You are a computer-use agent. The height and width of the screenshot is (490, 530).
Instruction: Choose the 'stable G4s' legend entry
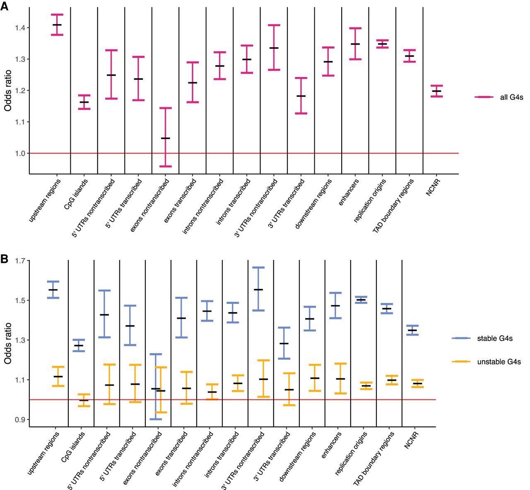(494, 339)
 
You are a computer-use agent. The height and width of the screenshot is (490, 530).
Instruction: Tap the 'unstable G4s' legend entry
(499, 362)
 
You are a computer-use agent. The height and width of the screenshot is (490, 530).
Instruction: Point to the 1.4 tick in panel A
(20, 28)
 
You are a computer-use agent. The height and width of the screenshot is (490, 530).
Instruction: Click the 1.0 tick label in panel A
(20, 154)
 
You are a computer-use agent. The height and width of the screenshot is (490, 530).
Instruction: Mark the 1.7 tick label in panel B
(20, 261)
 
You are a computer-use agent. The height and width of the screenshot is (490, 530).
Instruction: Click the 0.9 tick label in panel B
(20, 420)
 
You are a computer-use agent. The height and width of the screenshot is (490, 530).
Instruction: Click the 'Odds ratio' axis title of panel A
(8, 91)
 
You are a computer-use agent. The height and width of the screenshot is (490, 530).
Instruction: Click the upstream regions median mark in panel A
(57, 25)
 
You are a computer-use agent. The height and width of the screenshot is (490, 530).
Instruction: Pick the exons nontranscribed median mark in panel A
(166, 138)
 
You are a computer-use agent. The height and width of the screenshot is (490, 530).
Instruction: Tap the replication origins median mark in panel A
(382, 44)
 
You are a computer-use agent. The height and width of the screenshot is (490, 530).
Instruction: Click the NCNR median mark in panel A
(436, 91)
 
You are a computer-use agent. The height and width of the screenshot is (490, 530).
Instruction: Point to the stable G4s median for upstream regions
(53, 290)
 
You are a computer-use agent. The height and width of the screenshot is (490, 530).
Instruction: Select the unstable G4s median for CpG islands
(84, 400)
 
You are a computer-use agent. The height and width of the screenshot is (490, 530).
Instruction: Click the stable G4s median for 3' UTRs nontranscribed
(258, 290)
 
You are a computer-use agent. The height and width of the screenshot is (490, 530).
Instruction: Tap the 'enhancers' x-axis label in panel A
(349, 192)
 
